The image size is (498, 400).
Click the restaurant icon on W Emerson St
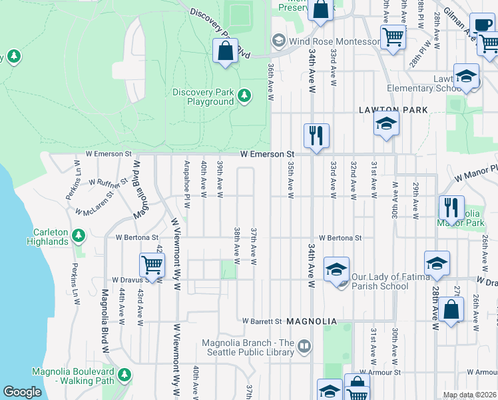(316, 135)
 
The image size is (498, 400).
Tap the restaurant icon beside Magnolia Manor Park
(451, 207)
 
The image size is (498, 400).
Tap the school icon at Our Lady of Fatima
(336, 269)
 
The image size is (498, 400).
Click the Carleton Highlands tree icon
(79, 235)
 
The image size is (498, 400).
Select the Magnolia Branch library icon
(304, 345)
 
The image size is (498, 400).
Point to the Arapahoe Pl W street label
(187, 181)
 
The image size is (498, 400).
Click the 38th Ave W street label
(237, 243)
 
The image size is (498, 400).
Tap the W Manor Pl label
(475, 173)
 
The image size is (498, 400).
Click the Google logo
(22, 392)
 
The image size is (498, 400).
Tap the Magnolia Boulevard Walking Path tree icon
(124, 377)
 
